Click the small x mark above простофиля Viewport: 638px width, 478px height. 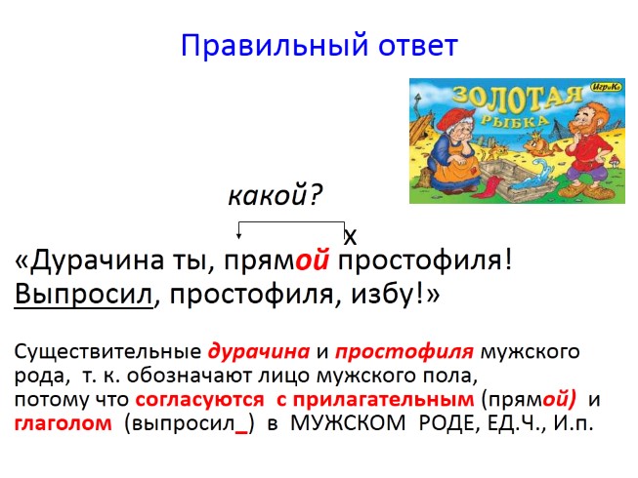pos(352,237)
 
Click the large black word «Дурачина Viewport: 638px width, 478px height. pos(94,261)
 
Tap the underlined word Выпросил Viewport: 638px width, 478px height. pos(84,295)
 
